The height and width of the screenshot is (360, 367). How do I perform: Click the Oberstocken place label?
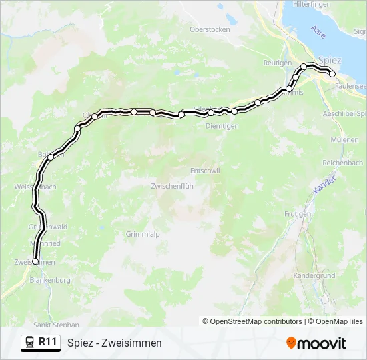click(210, 29)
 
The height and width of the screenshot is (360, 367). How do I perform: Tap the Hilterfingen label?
click(313, 4)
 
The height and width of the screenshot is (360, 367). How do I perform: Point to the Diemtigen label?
click(222, 125)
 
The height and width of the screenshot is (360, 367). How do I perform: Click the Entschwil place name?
click(205, 171)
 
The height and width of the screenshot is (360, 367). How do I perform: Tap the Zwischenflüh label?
click(172, 186)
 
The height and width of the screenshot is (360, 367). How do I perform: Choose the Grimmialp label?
click(143, 234)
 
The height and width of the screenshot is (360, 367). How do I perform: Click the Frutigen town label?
click(298, 214)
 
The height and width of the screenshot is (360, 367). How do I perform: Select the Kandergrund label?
click(314, 275)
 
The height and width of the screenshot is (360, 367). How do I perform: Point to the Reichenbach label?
click(342, 163)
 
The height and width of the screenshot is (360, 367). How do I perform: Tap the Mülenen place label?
click(344, 140)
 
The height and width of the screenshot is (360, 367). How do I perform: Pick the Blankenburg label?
click(50, 281)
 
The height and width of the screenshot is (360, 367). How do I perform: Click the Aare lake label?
click(318, 31)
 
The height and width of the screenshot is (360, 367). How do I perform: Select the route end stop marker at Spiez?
click(332, 74)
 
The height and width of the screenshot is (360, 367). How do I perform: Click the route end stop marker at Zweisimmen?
click(35, 261)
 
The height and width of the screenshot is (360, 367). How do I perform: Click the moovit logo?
click(316, 343)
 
